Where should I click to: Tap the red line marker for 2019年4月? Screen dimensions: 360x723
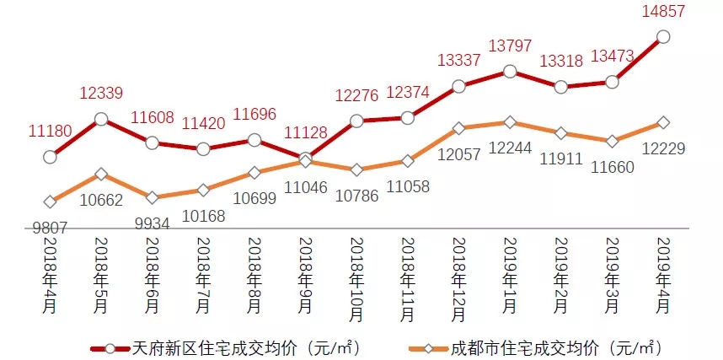pyautogui.click(x=663, y=36)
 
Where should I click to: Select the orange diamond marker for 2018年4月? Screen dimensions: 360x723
pyautogui.click(x=50, y=201)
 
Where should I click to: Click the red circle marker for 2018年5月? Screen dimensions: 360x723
pyautogui.click(x=101, y=120)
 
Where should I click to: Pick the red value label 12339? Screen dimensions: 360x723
pyautogui.click(x=101, y=93)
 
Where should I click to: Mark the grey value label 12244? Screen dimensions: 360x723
pyautogui.click(x=509, y=148)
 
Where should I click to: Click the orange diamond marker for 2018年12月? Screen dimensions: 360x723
pyautogui.click(x=458, y=128)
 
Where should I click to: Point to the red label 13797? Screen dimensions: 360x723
pyautogui.click(x=509, y=46)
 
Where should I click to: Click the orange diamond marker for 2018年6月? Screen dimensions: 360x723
pyautogui.click(x=152, y=197)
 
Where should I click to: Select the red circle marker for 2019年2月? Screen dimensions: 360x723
pyautogui.click(x=561, y=86)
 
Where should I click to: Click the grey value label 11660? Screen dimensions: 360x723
pyautogui.click(x=612, y=166)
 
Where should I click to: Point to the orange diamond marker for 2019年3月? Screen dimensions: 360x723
pyautogui.click(x=613, y=140)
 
